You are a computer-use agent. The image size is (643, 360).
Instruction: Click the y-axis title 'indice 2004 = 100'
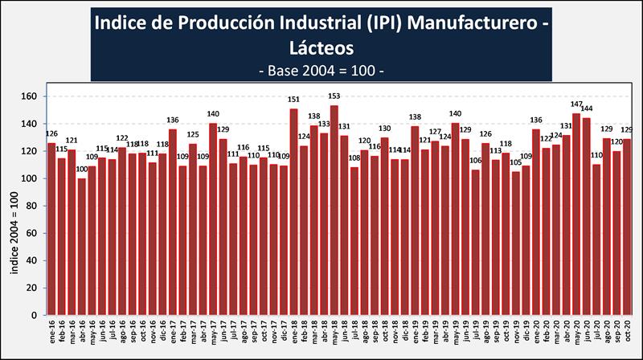pos(14,233)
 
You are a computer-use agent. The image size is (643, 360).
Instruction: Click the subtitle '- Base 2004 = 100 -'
pos(322,71)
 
